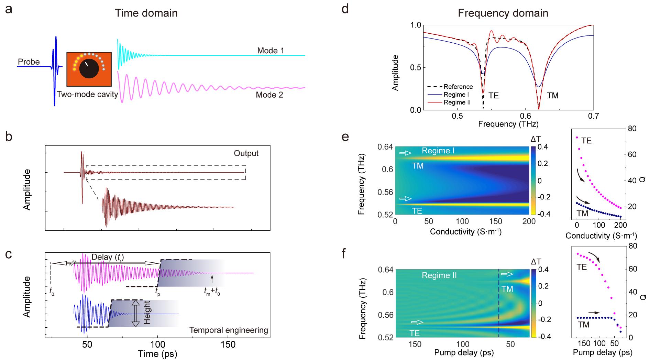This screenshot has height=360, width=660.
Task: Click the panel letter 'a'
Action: [9, 9]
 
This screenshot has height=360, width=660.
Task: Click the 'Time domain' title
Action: [146, 13]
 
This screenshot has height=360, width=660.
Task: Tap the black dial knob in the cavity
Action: [89, 68]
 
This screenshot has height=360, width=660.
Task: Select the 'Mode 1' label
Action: [271, 51]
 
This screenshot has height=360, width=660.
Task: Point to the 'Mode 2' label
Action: [269, 95]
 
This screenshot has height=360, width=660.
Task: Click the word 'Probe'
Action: [29, 62]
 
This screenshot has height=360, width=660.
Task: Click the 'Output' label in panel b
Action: [246, 153]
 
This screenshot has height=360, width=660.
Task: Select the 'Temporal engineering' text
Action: [229, 330]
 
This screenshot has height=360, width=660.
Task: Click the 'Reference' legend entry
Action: [458, 87]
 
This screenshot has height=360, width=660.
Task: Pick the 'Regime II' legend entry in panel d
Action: [457, 102]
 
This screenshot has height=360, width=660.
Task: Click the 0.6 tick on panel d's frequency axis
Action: [525, 117]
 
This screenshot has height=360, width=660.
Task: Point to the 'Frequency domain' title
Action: [503, 13]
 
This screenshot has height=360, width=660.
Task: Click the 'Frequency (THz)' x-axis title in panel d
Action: [508, 124]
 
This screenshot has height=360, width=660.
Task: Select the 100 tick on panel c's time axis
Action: [157, 345]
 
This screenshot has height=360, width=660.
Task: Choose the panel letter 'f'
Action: [345, 254]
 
